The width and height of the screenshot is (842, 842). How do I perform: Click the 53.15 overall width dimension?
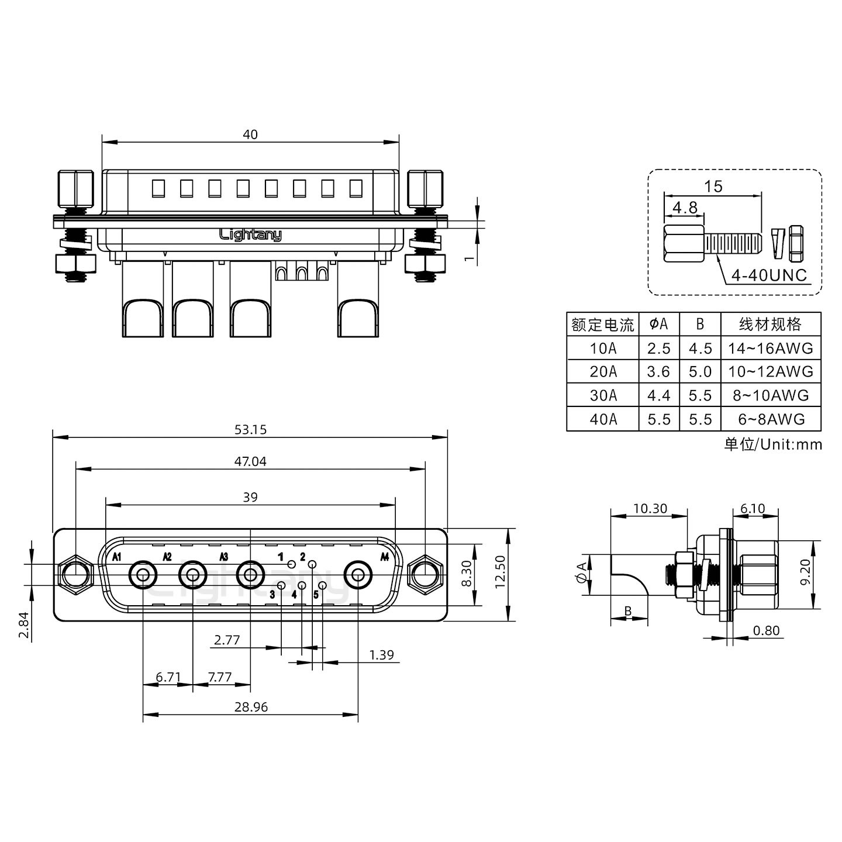coord(250,430)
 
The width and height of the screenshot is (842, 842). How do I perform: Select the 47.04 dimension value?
coord(250,461)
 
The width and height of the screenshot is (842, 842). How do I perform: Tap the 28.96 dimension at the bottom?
coord(251,707)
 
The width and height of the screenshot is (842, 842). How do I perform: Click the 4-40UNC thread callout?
coord(769,275)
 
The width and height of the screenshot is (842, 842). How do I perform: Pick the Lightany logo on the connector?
coord(250,234)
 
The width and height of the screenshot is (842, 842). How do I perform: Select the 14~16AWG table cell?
coord(770,348)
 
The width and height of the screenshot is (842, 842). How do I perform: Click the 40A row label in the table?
coord(603,419)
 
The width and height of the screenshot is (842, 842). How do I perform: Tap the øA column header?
coord(658,323)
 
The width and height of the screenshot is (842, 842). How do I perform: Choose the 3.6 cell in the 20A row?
coord(658,372)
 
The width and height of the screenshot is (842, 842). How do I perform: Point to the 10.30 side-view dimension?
coord(650,509)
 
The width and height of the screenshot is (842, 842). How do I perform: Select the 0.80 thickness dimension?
coord(766,630)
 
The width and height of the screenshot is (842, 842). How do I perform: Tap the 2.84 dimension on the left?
coord(24,626)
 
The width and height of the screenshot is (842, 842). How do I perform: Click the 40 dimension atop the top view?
coord(250,134)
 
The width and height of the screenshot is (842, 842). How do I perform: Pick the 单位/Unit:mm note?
coord(772,444)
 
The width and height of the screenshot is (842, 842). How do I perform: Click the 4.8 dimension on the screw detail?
coord(684,207)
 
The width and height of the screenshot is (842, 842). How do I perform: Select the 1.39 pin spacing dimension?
coord(381,655)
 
